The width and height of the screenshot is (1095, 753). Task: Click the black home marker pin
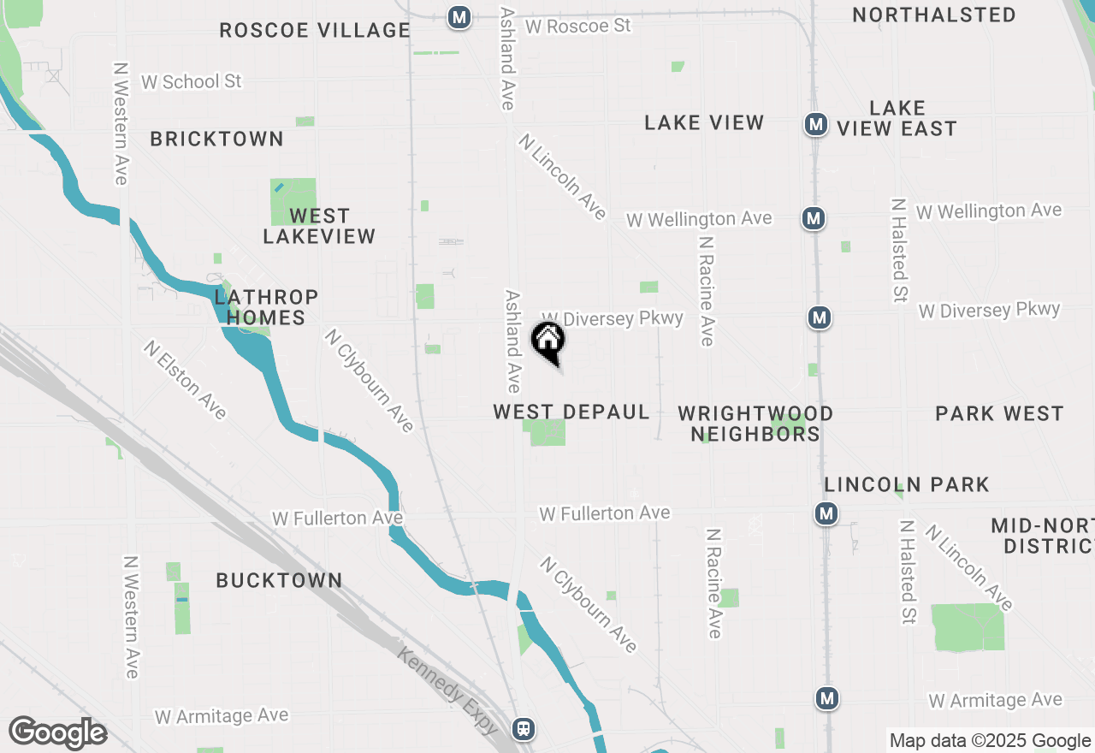tap(548, 342)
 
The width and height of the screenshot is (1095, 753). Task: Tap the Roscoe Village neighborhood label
tap(315, 31)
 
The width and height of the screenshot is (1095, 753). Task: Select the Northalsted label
tap(934, 15)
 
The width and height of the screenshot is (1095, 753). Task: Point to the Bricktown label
tap(217, 139)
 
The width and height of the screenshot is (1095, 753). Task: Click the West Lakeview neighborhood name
tap(319, 226)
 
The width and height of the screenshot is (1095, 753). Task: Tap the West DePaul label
tap(571, 412)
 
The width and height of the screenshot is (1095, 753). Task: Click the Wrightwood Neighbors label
tap(755, 424)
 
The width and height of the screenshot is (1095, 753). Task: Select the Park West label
tap(999, 414)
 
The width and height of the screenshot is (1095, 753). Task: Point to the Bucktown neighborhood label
tap(279, 580)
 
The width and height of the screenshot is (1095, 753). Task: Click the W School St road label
tap(192, 82)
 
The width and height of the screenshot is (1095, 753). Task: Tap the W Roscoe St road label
tap(578, 27)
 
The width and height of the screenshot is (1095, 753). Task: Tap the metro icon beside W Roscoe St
tap(459, 17)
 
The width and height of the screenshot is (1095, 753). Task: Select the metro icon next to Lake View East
tap(816, 125)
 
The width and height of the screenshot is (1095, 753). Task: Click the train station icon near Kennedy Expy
tap(524, 729)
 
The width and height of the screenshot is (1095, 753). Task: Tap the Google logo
tap(57, 733)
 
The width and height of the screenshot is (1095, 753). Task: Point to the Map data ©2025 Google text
tap(990, 741)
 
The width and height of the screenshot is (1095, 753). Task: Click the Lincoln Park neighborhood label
tap(907, 485)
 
